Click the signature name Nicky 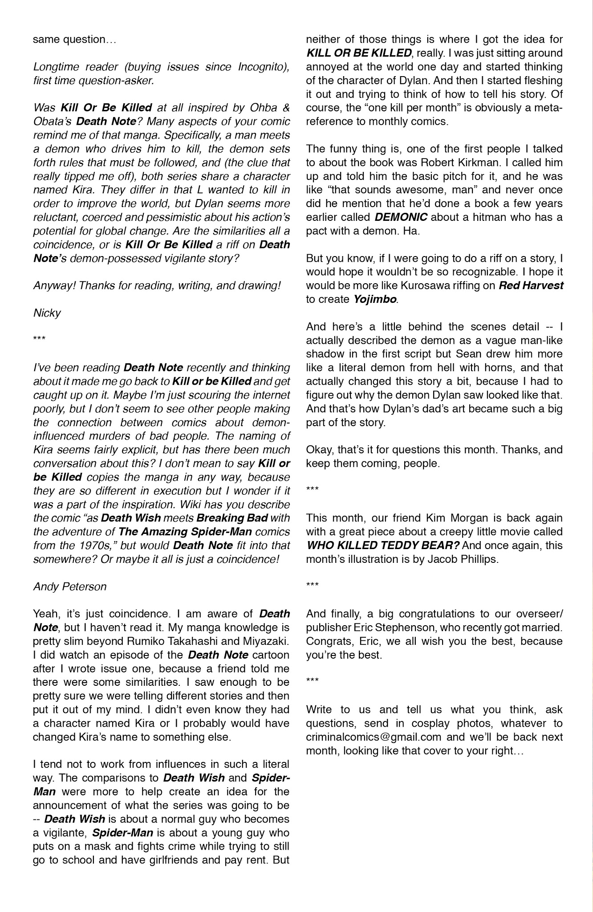[x=47, y=313]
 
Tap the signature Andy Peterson [x=70, y=586]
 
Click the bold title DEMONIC [x=401, y=217]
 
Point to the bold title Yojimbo [x=375, y=299]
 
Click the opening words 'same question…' [x=74, y=40]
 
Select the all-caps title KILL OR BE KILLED [x=359, y=53]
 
